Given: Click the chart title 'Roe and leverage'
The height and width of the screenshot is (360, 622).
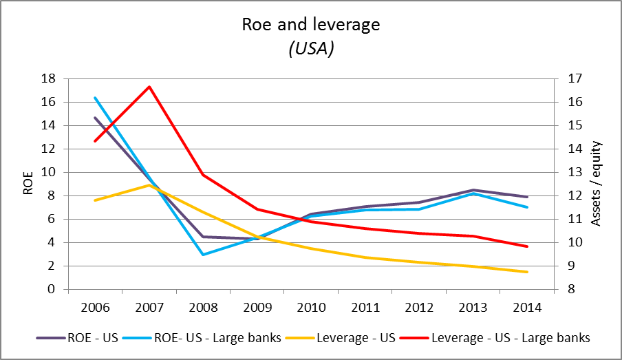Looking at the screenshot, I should [310, 25].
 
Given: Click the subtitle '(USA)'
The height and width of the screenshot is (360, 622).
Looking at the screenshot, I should [310, 49].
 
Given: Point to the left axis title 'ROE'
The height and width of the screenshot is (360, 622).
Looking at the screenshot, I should [28, 184].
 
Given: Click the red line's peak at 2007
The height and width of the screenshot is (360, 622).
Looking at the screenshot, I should [149, 87].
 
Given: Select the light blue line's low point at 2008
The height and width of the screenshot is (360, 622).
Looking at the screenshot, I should [203, 254].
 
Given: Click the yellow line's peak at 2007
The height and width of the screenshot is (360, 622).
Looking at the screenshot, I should [149, 185].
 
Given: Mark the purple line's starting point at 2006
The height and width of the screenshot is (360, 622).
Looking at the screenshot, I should [95, 118].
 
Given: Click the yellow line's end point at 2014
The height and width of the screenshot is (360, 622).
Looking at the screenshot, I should [527, 272].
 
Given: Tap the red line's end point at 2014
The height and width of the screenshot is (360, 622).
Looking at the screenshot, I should [527, 246].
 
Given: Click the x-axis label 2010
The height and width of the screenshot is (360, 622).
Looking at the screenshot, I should [310, 306].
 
